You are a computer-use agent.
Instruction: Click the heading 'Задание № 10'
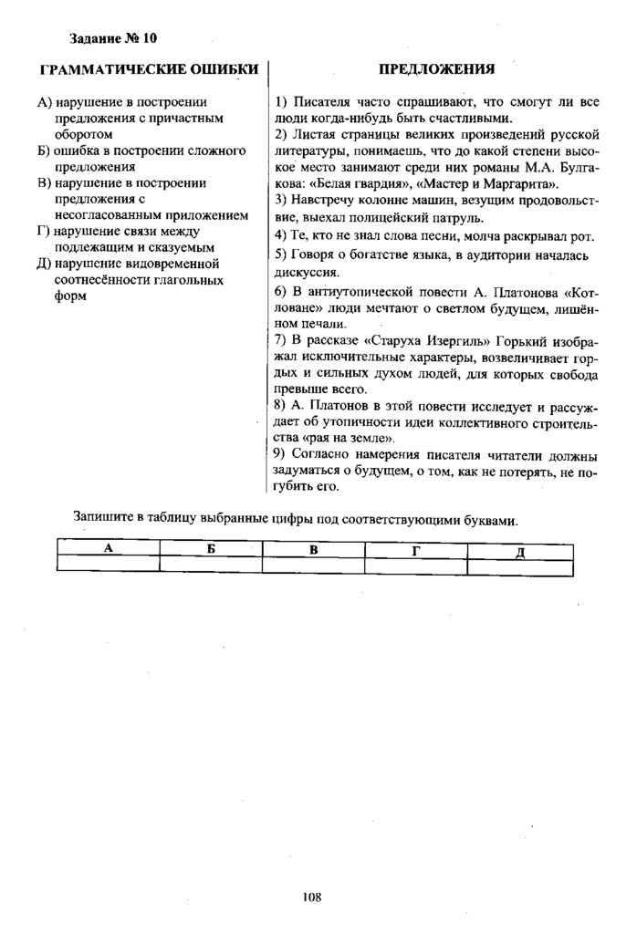113,38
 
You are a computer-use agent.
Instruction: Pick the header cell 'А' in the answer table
108,548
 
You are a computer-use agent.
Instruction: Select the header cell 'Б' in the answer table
211,548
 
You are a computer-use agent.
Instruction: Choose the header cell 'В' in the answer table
313,548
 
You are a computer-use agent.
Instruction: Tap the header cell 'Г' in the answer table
416,548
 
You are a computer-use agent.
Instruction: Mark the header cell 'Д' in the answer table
519,549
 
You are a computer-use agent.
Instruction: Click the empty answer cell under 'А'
108,565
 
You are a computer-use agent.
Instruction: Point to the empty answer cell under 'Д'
519,565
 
